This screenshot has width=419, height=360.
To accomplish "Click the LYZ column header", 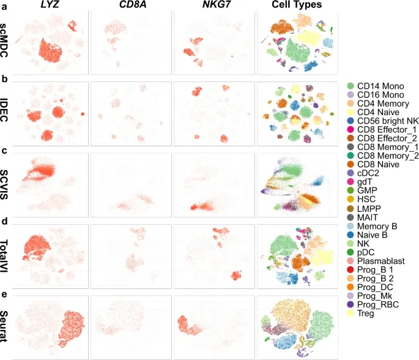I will coord(45,6).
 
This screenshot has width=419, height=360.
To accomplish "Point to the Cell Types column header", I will coord(297,6).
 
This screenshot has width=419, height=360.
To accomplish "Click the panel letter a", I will coord(4,7).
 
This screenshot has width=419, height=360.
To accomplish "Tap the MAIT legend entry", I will coord(371,217).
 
